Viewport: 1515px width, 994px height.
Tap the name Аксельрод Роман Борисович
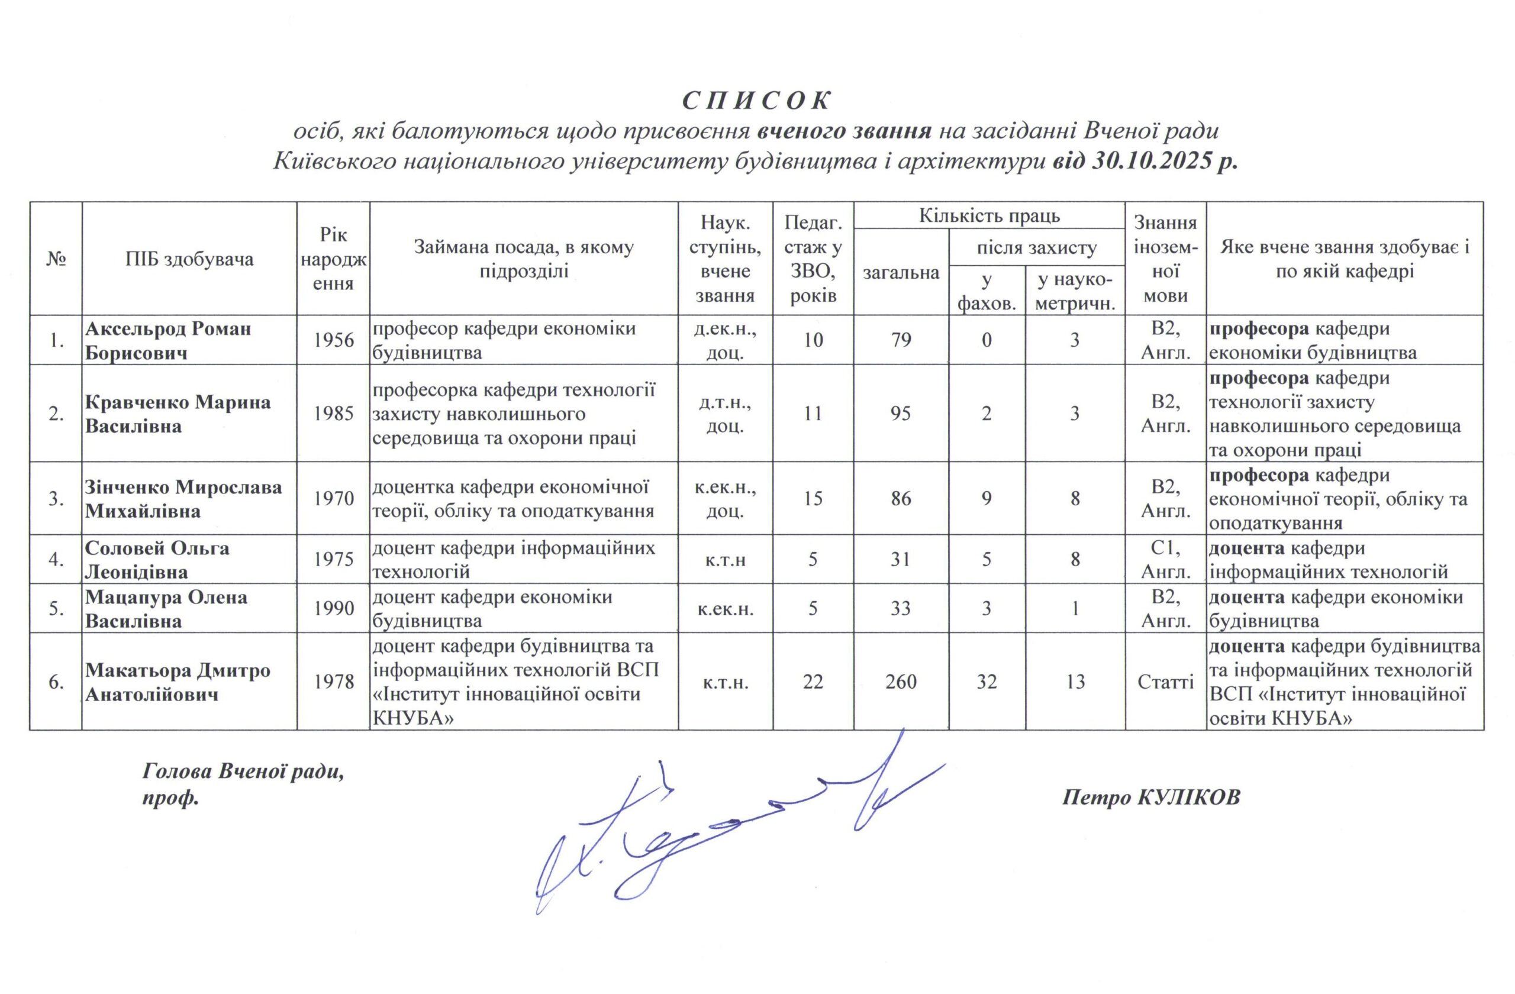click(168, 340)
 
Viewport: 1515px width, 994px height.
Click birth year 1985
click(334, 414)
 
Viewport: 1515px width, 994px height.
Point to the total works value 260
click(901, 682)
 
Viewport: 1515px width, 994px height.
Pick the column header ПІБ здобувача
click(189, 259)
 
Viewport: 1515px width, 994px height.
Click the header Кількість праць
click(989, 217)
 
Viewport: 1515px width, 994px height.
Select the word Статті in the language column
click(1165, 682)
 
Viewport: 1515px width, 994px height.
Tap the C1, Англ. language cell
click(1165, 560)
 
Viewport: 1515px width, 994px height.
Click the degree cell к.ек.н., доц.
click(725, 499)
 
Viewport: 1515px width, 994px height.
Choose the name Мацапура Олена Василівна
click(166, 609)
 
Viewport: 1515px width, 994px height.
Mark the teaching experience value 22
click(813, 682)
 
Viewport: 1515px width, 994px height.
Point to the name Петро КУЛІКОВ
click(1151, 798)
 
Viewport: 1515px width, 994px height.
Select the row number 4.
click(56, 560)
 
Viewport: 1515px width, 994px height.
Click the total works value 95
click(901, 414)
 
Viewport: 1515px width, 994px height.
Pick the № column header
click(56, 259)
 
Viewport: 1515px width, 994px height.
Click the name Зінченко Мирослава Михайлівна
click(183, 499)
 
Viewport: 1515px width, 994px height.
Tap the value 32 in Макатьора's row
click(987, 682)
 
